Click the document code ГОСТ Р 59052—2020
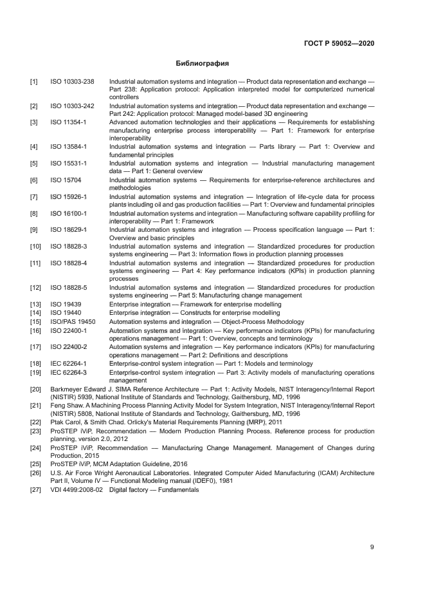[x=338, y=43]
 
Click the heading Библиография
[x=203, y=64]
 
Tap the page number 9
[x=372, y=547]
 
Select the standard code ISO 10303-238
[x=72, y=82]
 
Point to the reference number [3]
[x=33, y=122]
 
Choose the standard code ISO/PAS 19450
[x=73, y=321]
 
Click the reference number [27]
[x=35, y=489]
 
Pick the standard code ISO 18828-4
[x=69, y=263]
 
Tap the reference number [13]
[x=35, y=304]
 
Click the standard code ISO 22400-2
[x=69, y=347]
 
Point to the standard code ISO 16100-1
[x=69, y=213]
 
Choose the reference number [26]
[x=35, y=473]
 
